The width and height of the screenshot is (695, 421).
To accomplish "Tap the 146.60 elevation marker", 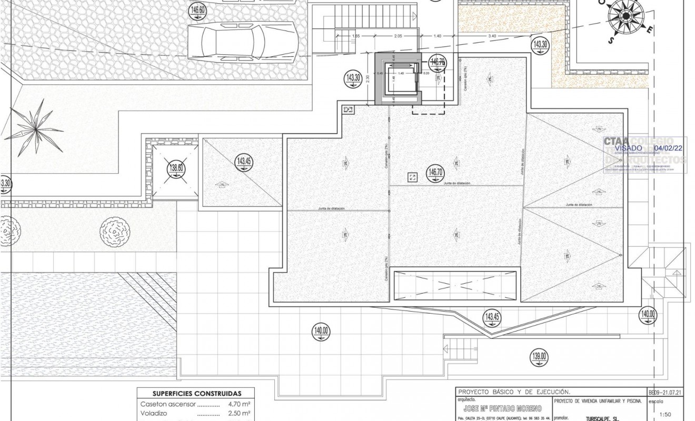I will [198, 10].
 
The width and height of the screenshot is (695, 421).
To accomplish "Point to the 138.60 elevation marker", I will [176, 168].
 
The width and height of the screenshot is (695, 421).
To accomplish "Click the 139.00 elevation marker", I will [539, 357].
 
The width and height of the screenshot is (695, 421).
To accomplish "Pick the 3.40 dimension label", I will [492, 36].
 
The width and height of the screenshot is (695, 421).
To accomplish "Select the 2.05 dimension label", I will [397, 36].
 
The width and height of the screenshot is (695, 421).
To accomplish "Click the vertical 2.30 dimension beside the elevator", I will [366, 79].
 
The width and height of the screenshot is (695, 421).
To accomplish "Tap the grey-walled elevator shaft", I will [398, 79].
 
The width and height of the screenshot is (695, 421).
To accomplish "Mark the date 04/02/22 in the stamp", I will [668, 148].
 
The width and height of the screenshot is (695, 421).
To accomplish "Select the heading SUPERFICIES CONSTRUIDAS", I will [197, 393].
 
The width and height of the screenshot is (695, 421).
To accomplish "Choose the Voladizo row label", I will [154, 414].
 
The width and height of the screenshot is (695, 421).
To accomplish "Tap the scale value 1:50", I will [665, 415].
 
